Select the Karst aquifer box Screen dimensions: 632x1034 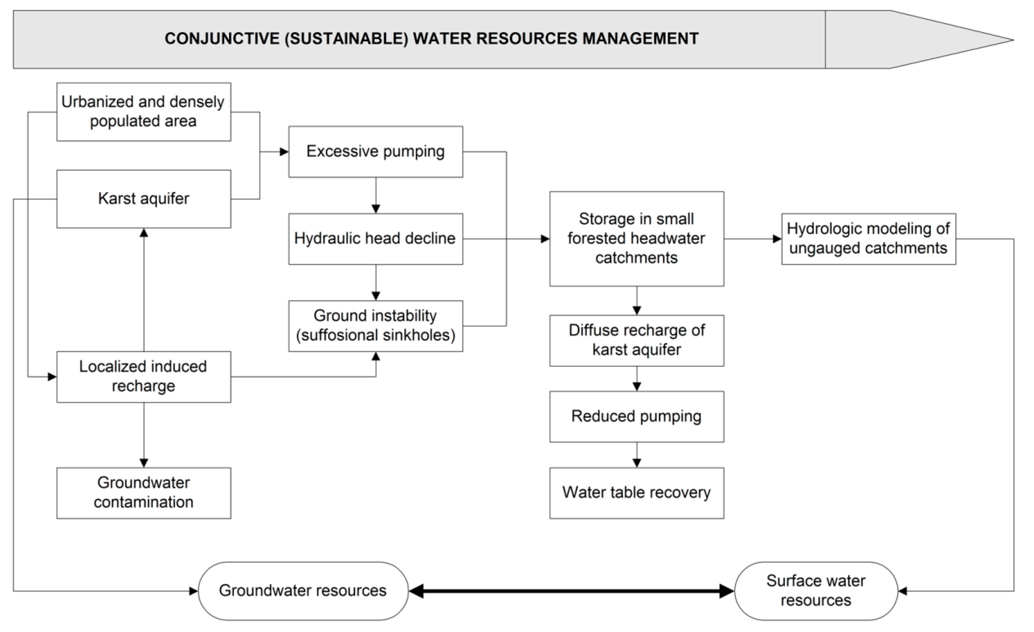(x=143, y=199)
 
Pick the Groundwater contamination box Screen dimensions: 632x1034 (x=143, y=493)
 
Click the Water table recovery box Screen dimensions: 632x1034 (x=636, y=493)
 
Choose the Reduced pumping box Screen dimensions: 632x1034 (x=636, y=416)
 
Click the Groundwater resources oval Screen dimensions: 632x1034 (x=303, y=590)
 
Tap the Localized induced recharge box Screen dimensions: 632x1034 (x=143, y=377)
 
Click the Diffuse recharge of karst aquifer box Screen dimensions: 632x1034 (x=636, y=340)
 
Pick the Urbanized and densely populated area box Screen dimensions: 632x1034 (x=143, y=112)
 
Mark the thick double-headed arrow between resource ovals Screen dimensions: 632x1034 (x=571, y=591)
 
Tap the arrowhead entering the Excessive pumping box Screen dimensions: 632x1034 (x=284, y=152)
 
